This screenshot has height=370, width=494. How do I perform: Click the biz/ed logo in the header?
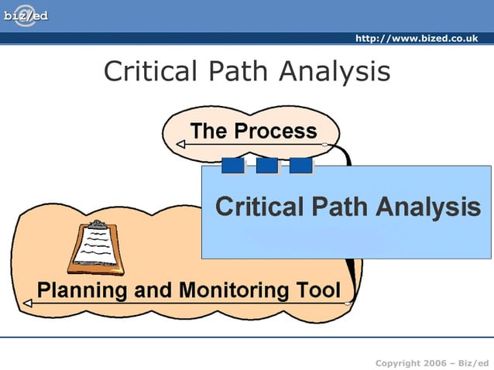click(26, 15)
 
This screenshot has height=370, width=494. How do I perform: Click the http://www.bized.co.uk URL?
click(416, 39)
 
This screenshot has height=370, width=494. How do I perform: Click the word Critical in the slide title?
click(151, 72)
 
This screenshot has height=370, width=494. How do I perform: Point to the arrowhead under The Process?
click(180, 144)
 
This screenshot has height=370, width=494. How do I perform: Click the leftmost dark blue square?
click(232, 166)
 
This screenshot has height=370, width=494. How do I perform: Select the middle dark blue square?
click(266, 166)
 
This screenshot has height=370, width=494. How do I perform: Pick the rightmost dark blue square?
click(300, 166)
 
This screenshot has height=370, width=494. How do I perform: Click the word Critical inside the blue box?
click(259, 207)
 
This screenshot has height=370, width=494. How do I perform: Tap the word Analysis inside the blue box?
click(428, 207)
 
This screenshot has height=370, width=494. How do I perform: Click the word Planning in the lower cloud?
click(82, 291)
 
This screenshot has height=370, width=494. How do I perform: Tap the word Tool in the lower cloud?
click(319, 290)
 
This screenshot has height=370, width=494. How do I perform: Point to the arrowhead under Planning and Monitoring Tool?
click(27, 304)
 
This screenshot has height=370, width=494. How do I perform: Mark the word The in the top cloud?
click(208, 131)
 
